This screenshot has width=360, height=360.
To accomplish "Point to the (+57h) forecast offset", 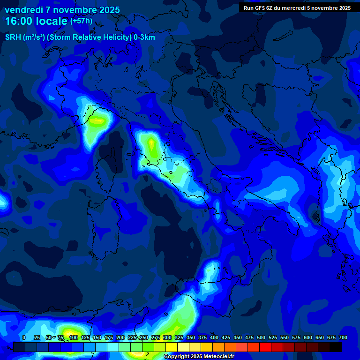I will point(81,21).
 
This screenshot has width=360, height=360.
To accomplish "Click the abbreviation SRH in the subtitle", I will point(13,37).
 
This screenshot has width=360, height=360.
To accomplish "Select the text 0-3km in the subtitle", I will point(144,37).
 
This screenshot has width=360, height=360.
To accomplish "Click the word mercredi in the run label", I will point(296,8).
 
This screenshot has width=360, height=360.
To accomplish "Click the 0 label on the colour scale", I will point(24,337).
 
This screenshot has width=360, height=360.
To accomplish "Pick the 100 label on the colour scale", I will point(73,337).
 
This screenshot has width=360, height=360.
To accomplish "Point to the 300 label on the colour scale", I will point(167,337).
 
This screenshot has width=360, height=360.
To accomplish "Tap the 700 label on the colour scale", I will point(343,337).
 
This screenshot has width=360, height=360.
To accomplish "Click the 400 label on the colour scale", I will point(214,337).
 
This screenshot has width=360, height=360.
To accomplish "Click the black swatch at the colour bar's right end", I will point(336,347).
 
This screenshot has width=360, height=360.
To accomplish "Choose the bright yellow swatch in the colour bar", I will point(172,347).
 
